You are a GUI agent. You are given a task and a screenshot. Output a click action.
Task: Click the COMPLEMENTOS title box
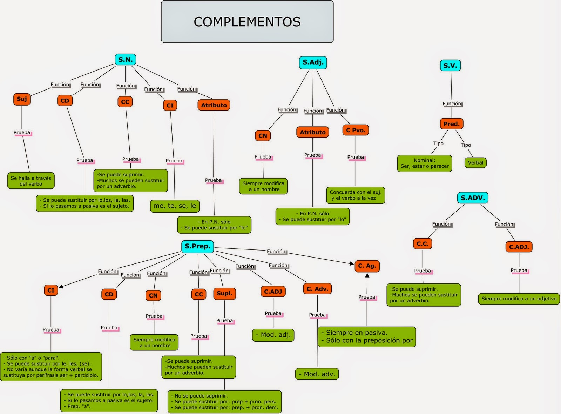pos(247,22)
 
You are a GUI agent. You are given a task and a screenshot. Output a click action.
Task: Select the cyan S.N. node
pos(125,60)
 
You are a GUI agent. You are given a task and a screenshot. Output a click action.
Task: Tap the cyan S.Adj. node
pos(313,62)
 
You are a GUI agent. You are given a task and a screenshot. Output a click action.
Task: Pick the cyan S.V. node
pos(450,66)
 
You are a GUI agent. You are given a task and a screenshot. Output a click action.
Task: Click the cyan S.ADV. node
pos(473,198)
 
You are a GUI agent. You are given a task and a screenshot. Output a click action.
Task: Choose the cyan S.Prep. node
pos(197,246)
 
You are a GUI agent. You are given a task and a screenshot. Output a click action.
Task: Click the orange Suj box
pos(22,99)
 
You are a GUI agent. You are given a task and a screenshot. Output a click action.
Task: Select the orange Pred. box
pos(451,124)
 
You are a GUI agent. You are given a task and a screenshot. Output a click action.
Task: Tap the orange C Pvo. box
pos(356,130)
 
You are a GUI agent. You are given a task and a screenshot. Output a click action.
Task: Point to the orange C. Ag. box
pos(367,266)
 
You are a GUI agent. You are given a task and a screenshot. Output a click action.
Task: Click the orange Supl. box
pos(224,293)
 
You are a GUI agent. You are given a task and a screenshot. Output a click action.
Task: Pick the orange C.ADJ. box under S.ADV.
pos(519,247)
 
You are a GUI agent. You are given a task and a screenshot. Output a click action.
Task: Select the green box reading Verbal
pos(475,163)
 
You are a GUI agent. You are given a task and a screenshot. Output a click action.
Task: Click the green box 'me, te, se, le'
pos(175,206)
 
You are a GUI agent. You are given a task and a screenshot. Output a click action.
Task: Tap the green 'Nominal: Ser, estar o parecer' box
pos(425,163)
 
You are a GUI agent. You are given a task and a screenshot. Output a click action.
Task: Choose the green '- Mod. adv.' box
pos(317,374)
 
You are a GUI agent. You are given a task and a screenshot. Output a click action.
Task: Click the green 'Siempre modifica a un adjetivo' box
pos(519,299)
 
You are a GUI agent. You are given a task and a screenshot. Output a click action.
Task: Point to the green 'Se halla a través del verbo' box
pos(31,181)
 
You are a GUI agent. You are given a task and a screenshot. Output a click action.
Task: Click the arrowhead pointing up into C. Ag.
pos(367,276)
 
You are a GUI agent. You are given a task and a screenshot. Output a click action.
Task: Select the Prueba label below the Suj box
pos(22,133)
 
